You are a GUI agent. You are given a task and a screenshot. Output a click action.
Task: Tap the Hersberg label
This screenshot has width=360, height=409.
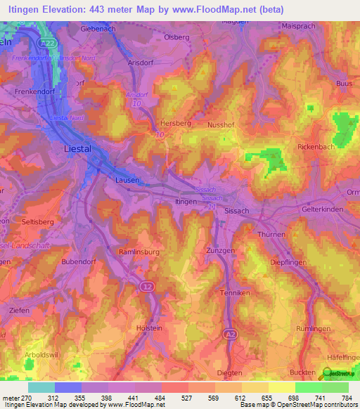click(175, 122)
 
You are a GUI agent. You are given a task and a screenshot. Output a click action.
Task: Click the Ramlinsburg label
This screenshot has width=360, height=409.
click(140, 251)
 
